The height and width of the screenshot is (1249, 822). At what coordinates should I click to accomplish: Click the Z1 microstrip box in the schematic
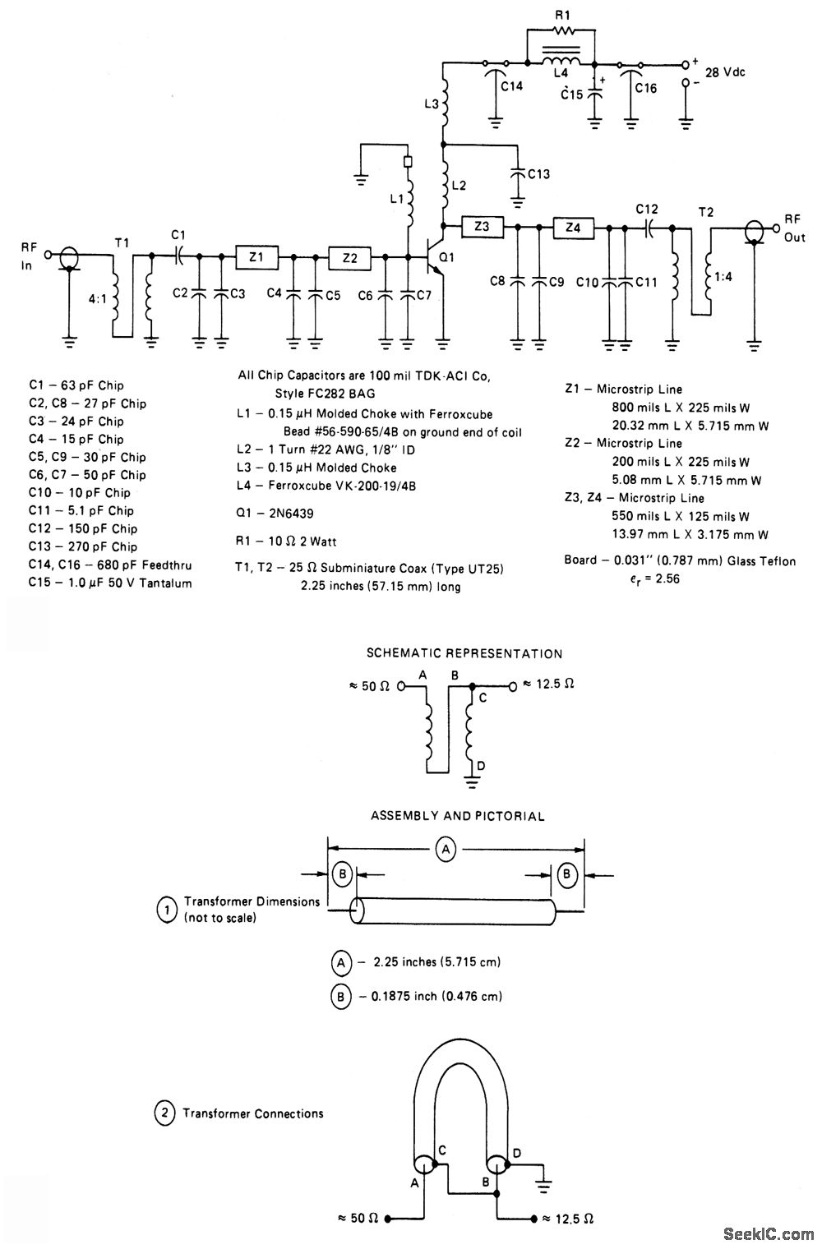tap(256, 257)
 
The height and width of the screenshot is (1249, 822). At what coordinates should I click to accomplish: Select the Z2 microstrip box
tap(350, 257)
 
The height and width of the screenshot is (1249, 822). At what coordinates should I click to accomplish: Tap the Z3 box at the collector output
tap(483, 226)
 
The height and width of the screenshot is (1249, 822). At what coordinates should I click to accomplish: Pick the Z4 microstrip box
tap(573, 226)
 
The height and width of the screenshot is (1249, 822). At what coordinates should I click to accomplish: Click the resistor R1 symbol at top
tap(563, 32)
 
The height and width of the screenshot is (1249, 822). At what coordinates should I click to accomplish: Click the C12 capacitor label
tap(647, 210)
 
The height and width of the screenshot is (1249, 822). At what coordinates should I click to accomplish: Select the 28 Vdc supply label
tap(725, 72)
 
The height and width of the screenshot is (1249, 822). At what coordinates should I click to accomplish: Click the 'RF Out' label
tap(793, 228)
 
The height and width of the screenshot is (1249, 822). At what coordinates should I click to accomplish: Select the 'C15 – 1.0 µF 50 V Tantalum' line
tap(110, 583)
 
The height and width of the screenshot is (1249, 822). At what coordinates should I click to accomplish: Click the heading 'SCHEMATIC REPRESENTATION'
tap(464, 654)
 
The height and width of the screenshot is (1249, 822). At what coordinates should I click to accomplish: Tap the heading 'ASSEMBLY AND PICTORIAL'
tap(458, 816)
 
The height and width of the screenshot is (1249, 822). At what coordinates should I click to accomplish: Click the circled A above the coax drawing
tap(445, 850)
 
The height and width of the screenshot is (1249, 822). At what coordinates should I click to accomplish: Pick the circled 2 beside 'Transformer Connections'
tap(164, 1114)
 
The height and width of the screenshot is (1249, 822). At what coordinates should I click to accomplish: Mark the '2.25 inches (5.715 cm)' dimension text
tap(436, 961)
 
